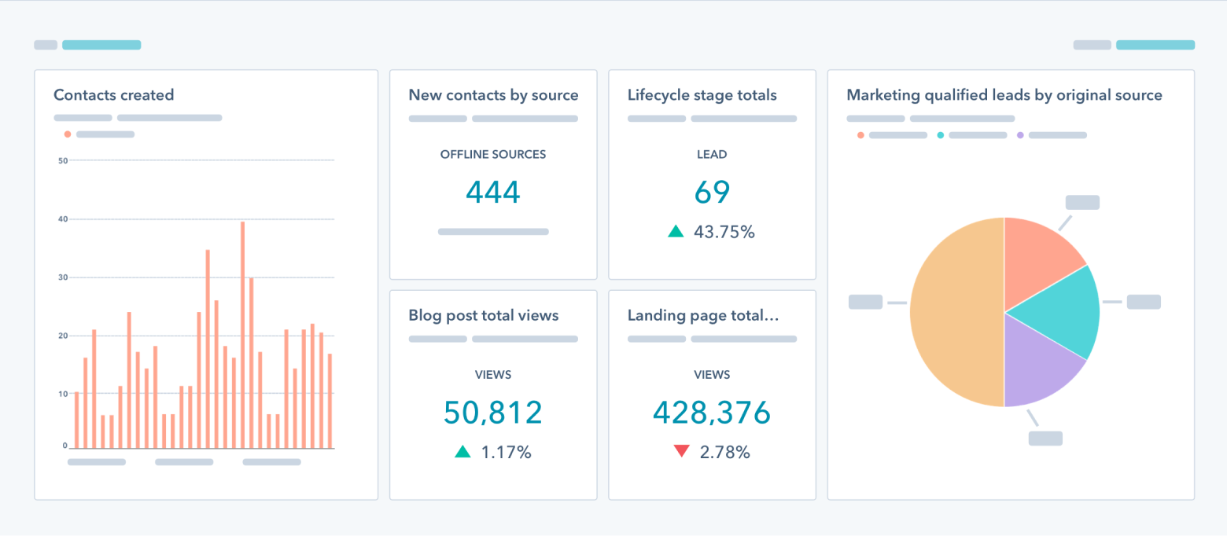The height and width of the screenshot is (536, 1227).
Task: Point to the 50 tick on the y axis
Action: pyautogui.click(x=63, y=160)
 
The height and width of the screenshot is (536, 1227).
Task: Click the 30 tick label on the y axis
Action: pyautogui.click(x=63, y=277)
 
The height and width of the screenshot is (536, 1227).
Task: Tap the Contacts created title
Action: pyautogui.click(x=113, y=95)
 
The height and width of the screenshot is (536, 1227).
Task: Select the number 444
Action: pyautogui.click(x=493, y=192)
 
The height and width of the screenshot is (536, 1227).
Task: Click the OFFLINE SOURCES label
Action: pyautogui.click(x=493, y=155)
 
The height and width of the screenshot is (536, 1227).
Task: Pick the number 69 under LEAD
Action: pyautogui.click(x=712, y=192)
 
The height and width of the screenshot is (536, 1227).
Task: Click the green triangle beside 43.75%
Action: pyautogui.click(x=676, y=232)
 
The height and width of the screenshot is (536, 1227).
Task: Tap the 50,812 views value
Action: pyautogui.click(x=493, y=413)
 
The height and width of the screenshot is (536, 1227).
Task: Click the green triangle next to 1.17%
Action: pyautogui.click(x=462, y=452)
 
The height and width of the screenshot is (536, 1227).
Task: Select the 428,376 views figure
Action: pyautogui.click(x=712, y=413)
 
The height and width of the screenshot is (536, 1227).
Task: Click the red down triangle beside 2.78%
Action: pyautogui.click(x=681, y=452)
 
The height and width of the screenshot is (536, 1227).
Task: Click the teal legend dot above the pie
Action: pyautogui.click(x=941, y=135)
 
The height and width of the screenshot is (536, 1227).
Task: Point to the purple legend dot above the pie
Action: pyautogui.click(x=1020, y=135)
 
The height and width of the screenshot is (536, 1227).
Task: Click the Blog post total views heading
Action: pyautogui.click(x=483, y=315)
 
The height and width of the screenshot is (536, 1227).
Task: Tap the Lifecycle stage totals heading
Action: pyautogui.click(x=702, y=95)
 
